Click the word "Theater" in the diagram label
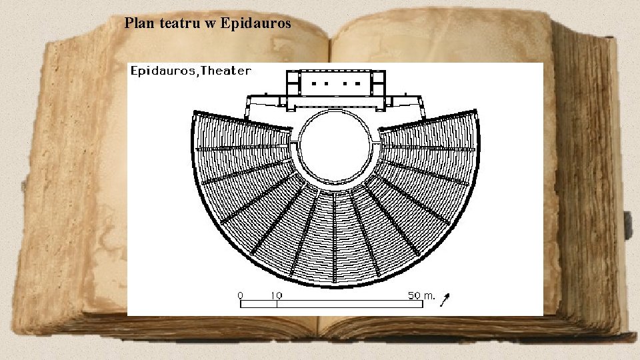[x=226, y=71]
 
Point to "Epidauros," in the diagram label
[x=165, y=71]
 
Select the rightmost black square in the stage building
[x=359, y=84]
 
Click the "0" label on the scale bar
[x=241, y=295]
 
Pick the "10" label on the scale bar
[x=276, y=295]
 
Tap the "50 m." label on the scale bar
[x=421, y=295]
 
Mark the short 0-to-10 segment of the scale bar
[x=259, y=304]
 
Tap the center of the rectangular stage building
[x=337, y=85]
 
